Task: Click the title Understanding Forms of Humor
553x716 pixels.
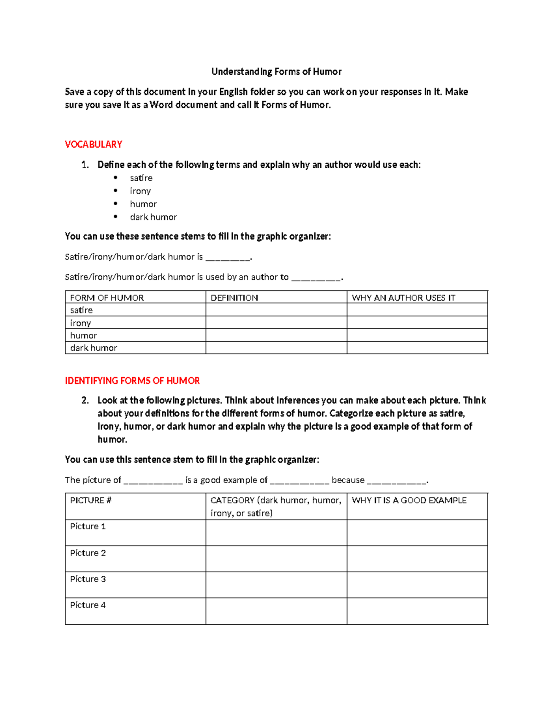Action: [x=276, y=71]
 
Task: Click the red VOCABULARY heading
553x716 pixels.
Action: [x=94, y=144]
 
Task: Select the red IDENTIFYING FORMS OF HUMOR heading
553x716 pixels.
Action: [x=132, y=381]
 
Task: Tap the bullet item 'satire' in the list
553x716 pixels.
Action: [x=141, y=178]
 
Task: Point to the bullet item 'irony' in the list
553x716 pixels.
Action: [x=140, y=191]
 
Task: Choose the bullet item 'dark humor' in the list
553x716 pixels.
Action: [x=153, y=217]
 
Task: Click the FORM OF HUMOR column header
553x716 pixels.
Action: [x=107, y=298]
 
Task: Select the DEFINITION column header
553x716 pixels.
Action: [x=234, y=298]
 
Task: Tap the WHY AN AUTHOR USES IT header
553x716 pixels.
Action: [x=403, y=298]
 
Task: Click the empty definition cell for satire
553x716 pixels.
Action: [x=276, y=310]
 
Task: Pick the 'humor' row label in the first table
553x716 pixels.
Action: [x=83, y=335]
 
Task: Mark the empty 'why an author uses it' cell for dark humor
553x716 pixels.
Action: [x=417, y=348]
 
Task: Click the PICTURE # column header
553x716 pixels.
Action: [x=91, y=500]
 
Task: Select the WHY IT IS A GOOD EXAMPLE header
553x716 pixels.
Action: [x=409, y=500]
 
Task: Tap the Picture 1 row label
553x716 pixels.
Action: [x=88, y=527]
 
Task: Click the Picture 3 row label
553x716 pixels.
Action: [x=88, y=579]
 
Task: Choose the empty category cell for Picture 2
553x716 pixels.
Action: [x=276, y=559]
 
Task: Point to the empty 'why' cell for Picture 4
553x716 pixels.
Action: [x=417, y=611]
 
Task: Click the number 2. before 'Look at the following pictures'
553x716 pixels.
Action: [x=85, y=400]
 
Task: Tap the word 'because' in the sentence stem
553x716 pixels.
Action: [x=348, y=480]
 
